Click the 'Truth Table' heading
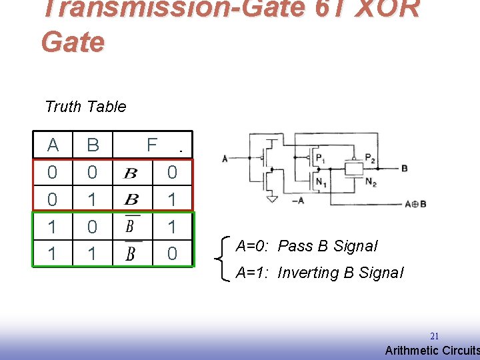point(85,107)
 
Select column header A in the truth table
point(53,145)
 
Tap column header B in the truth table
point(93,145)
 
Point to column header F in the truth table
point(152,145)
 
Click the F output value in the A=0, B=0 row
point(172,173)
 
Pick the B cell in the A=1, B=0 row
point(93,227)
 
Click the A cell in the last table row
point(53,253)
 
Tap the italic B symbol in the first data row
point(131,174)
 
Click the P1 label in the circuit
point(321,159)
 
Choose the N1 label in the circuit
point(321,181)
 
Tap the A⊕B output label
point(415,204)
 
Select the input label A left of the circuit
point(225,159)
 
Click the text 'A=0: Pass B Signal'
point(306,246)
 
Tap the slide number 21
point(434,337)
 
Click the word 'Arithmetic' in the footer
point(412,351)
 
